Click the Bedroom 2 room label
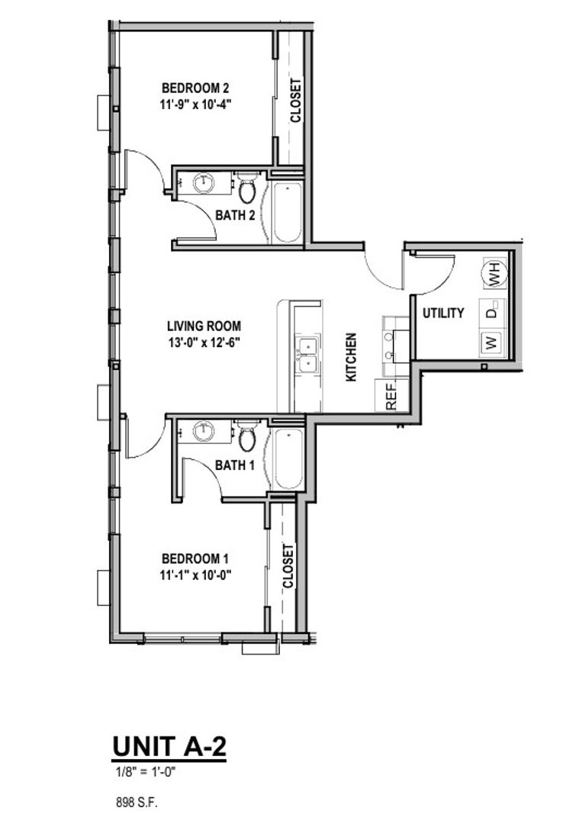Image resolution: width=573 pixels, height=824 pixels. click(195, 88)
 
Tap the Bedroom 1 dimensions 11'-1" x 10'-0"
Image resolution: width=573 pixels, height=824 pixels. click(195, 575)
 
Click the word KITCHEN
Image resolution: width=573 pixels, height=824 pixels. click(352, 357)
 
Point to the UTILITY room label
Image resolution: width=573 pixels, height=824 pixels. click(443, 313)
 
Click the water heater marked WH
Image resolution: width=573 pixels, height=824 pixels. click(494, 272)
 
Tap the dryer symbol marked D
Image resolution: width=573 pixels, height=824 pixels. click(491, 311)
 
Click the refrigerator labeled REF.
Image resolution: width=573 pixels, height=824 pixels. click(391, 396)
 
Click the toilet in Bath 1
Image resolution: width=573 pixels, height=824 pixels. click(247, 437)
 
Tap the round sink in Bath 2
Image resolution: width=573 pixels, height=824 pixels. click(204, 183)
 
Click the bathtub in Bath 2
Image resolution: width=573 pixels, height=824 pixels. click(287, 213)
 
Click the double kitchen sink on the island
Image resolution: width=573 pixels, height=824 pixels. click(307, 356)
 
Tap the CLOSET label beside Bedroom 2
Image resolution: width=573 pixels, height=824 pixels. click(296, 100)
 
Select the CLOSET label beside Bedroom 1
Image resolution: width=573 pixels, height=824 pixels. click(288, 565)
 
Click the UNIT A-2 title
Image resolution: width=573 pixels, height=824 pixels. click(169, 747)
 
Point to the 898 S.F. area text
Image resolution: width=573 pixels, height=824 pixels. click(135, 802)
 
